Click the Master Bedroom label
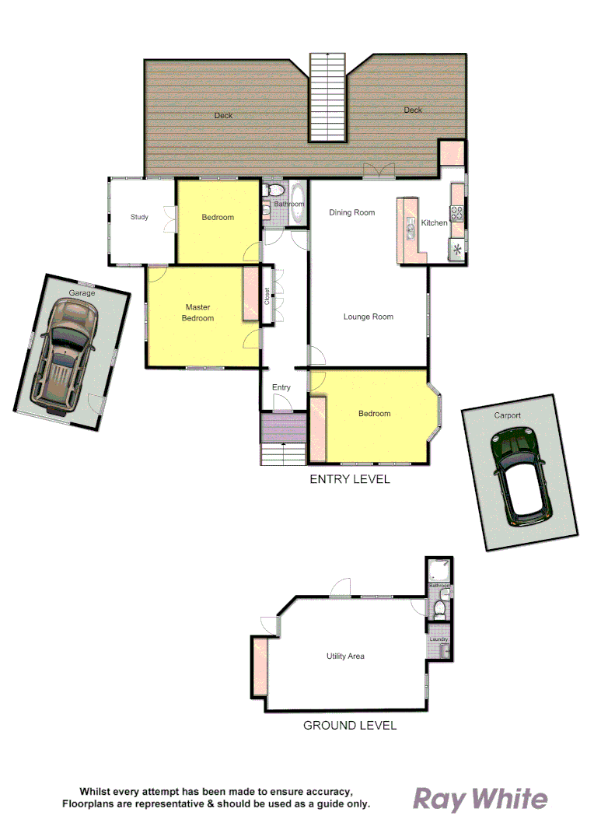coord(197,312)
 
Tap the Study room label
coord(139,217)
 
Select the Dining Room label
coord(351,212)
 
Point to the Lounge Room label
coord(369,317)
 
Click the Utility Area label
coord(345,656)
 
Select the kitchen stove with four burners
coord(456,212)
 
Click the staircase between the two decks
coord(327,97)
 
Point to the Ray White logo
coord(480,799)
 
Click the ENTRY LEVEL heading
coord(350,479)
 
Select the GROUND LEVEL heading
coord(350,725)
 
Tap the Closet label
coord(267,296)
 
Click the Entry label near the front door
coord(281,387)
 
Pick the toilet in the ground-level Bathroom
coord(440,607)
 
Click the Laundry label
coord(439,639)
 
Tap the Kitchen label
coord(434,223)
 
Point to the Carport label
coord(507,415)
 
